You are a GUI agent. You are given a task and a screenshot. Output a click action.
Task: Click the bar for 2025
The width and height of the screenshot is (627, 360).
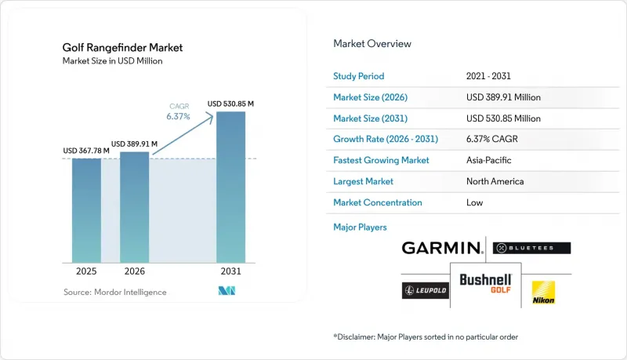[86, 210]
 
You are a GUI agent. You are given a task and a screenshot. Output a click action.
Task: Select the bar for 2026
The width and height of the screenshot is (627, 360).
[134, 207]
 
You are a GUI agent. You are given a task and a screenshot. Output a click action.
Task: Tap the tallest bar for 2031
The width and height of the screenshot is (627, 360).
[230, 187]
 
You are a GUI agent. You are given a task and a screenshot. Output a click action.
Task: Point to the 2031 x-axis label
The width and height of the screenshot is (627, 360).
[230, 271]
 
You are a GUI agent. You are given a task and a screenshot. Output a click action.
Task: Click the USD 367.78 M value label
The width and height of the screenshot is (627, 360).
[86, 151]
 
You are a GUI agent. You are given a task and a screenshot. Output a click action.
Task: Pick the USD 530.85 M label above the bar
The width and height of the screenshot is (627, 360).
[230, 104]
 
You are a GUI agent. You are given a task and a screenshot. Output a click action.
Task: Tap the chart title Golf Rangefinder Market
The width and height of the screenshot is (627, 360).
[122, 48]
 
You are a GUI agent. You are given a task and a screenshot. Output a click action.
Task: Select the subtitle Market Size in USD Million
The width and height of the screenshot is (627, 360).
[112, 61]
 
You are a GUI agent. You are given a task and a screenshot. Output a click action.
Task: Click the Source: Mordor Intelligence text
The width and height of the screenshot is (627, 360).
[114, 292]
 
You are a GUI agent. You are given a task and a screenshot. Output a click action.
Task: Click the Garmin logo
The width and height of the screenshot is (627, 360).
[442, 248]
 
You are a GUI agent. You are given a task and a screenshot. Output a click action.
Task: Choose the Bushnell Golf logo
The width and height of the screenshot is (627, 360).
[485, 283]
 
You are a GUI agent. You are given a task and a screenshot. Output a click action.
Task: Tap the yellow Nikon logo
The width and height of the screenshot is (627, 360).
[543, 293]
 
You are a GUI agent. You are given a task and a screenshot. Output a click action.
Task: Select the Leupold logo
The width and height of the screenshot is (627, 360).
[426, 290]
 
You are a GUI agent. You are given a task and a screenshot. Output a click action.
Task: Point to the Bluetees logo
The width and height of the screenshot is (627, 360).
[532, 248]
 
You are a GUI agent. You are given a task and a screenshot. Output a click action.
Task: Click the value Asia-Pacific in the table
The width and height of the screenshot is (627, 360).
[488, 160]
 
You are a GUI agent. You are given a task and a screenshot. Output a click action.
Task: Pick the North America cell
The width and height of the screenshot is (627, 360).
[495, 181]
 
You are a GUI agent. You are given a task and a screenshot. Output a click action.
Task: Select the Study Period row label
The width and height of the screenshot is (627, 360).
[359, 76]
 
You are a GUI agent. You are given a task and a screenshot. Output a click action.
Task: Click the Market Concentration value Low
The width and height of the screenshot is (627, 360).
[475, 202]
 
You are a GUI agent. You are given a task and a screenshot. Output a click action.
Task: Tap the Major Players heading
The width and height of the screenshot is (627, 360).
[360, 227]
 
